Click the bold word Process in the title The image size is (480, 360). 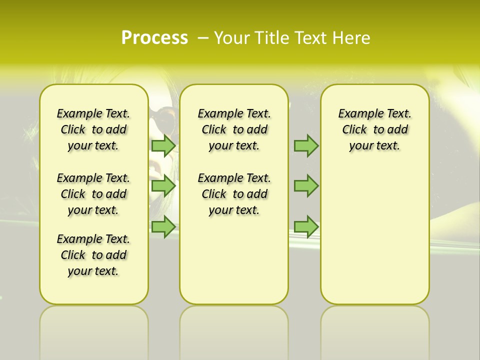(x=154, y=37)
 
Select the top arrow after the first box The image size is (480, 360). (x=163, y=145)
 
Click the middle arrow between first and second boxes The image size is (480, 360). (x=163, y=186)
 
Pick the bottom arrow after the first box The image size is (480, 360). (x=163, y=226)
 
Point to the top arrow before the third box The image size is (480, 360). (x=306, y=145)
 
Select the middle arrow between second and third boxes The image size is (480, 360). (x=306, y=186)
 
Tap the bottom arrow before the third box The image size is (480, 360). (x=306, y=226)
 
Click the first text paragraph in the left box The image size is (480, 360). (x=93, y=129)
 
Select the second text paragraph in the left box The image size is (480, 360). (x=93, y=194)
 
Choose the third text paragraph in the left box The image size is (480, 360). (x=93, y=255)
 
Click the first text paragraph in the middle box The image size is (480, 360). (x=234, y=129)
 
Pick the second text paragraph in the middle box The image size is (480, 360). (x=234, y=194)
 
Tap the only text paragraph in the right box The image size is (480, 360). (x=374, y=129)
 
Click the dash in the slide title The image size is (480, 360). (x=203, y=38)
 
